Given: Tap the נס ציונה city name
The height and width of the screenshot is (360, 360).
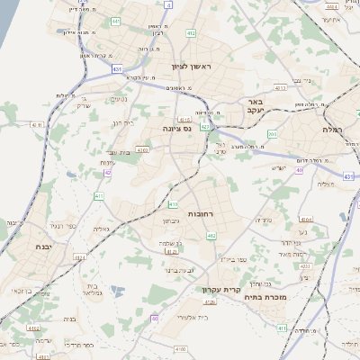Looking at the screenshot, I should (176, 130).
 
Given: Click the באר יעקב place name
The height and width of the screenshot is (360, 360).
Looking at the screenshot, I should (256, 107).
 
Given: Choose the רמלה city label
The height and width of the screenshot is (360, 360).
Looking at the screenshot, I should (337, 130).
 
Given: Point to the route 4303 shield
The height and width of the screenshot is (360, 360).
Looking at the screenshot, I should (142, 149).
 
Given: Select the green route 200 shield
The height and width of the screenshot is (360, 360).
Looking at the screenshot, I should (272, 134).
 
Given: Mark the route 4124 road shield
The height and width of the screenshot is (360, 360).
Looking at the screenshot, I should (79, 256).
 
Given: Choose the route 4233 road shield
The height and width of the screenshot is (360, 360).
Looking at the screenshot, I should (304, 265).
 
